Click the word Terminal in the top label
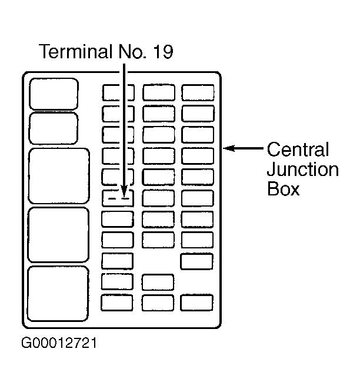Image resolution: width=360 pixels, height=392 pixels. [75, 51]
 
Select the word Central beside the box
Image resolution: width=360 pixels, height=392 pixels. [298, 150]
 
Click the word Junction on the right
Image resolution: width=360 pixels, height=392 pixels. [303, 170]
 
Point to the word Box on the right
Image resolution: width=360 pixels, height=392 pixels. [283, 188]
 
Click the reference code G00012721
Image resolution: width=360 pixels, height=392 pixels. [59, 343]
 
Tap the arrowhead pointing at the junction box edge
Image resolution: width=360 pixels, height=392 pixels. [228, 148]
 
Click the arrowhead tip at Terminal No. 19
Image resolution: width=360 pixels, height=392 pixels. [124, 197]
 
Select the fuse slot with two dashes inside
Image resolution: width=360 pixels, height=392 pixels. [118, 198]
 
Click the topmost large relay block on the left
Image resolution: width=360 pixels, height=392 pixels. [54, 94]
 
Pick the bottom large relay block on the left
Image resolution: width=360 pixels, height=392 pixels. [58, 294]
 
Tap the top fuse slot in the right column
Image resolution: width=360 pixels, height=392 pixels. [198, 92]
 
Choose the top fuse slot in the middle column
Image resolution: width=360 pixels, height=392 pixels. [159, 92]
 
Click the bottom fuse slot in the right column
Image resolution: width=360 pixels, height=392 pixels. [196, 303]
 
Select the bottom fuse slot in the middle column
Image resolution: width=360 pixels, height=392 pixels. [158, 303]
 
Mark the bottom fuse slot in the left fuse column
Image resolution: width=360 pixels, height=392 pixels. [117, 303]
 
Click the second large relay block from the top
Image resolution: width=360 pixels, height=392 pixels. [53, 128]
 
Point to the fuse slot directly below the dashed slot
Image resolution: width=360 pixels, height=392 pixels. [118, 220]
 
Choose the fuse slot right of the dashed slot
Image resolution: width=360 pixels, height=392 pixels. [158, 198]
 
